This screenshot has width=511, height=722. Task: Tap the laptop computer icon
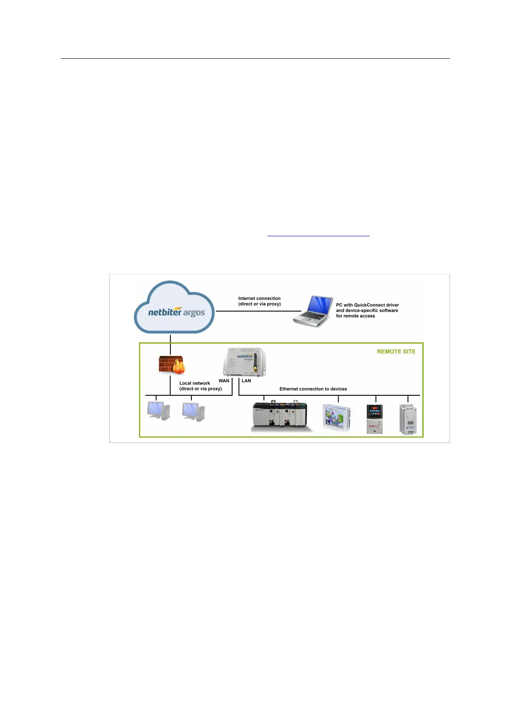click(314, 310)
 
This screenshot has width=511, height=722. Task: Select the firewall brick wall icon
click(171, 365)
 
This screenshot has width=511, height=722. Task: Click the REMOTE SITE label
click(396, 352)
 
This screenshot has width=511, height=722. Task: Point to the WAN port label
click(224, 381)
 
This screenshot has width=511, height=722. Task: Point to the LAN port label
click(246, 381)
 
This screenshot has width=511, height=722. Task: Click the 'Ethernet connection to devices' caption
click(313, 389)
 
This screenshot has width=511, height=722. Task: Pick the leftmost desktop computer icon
click(158, 411)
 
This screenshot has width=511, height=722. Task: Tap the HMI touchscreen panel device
click(337, 418)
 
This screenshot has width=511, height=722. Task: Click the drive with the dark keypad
click(375, 419)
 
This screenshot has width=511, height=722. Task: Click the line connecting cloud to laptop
click(257, 311)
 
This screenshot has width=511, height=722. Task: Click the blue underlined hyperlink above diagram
click(318, 235)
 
